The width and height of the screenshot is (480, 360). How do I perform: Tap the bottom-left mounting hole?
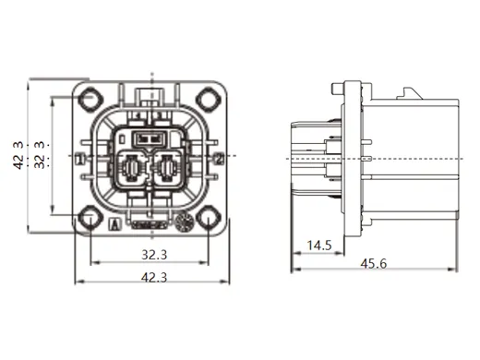(90, 219)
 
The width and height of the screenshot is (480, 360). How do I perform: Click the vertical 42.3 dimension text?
(16, 157)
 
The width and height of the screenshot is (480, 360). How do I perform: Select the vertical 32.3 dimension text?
(39, 157)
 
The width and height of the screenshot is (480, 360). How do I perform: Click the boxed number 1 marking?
(81, 159)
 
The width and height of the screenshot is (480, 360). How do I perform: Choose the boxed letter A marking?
(114, 222)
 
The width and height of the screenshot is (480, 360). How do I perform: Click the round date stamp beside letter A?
(183, 222)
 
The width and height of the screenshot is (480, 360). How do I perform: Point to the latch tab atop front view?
(150, 93)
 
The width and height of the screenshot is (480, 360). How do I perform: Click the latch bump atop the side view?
(410, 94)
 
